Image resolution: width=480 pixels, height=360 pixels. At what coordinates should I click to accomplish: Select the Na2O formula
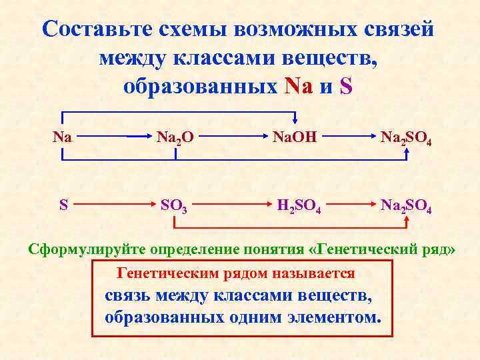pos(175,138)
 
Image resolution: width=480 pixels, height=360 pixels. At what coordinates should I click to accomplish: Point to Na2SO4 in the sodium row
pos(409,138)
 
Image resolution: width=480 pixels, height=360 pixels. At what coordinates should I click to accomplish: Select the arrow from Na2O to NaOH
pos(229,137)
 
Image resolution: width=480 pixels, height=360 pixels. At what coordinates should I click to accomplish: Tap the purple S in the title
pos(345,87)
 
